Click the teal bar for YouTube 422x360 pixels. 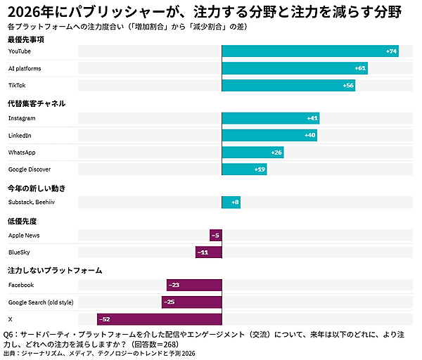(x=310, y=51)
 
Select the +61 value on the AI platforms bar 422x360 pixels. (x=360, y=68)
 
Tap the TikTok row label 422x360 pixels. (x=17, y=85)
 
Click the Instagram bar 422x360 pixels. (x=271, y=118)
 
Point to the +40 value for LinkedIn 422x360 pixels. (x=310, y=135)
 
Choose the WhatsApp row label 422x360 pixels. (x=22, y=152)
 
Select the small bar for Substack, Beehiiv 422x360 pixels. (x=231, y=202)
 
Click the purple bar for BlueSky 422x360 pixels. (x=209, y=252)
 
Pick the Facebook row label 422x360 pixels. (x=21, y=285)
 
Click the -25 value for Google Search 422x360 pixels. (x=169, y=302)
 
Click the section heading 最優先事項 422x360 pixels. (x=27, y=39)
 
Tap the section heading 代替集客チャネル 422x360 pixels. (x=36, y=103)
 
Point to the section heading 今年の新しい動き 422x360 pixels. (x=36, y=188)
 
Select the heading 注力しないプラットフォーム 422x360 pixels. (x=55, y=270)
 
